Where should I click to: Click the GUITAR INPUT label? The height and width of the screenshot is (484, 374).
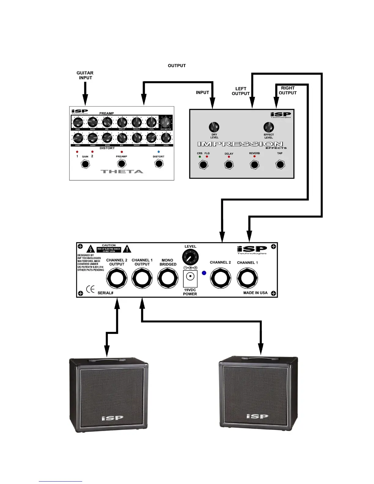(85, 75)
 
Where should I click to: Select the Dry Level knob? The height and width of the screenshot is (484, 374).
(214, 127)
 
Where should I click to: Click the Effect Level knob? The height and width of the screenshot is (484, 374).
(269, 127)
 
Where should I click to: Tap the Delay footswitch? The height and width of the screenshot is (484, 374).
(229, 165)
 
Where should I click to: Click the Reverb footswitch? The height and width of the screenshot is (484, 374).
(255, 165)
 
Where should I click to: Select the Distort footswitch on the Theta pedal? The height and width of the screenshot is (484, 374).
(159, 164)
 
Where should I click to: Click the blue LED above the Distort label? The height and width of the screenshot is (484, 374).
(159, 152)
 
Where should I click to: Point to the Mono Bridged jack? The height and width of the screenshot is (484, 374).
(168, 278)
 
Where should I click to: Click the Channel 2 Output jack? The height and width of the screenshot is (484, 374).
(117, 278)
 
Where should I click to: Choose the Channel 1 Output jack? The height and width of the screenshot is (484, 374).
(142, 278)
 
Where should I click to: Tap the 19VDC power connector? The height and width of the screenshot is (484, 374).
(190, 277)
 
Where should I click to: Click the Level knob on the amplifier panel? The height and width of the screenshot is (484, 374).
(190, 257)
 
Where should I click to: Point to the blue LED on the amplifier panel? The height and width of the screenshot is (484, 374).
(204, 273)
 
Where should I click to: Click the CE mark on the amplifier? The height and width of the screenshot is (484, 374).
(90, 289)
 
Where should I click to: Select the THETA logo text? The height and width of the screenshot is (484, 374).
(122, 172)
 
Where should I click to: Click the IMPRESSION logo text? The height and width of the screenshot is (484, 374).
(240, 144)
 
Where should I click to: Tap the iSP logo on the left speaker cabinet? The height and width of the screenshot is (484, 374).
(112, 418)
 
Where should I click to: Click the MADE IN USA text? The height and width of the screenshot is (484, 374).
(255, 293)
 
